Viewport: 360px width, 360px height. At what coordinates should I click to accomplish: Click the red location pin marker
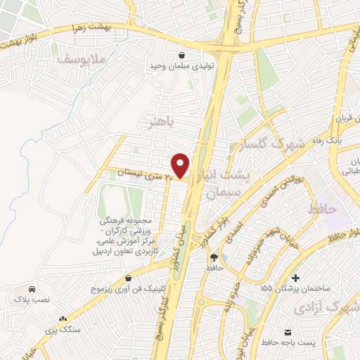(x=181, y=165)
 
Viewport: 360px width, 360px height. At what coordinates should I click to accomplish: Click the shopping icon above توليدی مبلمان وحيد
(x=182, y=54)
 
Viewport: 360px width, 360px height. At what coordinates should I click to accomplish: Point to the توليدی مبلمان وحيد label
(x=181, y=66)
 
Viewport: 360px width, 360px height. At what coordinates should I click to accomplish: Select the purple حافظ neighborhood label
(x=323, y=209)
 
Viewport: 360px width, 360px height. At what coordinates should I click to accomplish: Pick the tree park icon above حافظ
(x=214, y=257)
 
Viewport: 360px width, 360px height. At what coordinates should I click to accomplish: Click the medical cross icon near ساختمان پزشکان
(x=296, y=278)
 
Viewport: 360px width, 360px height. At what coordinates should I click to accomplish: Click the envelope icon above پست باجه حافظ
(x=288, y=331)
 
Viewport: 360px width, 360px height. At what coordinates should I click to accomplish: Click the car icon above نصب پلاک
(x=32, y=289)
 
